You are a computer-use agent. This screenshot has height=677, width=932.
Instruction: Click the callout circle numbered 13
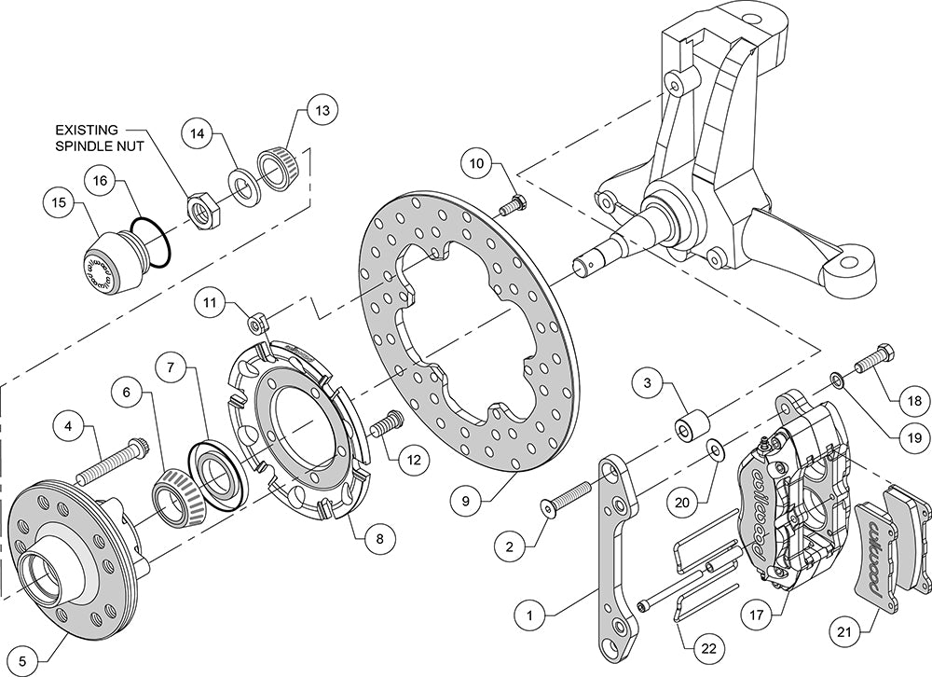click(322, 111)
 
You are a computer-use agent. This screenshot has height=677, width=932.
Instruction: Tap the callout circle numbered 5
click(22, 660)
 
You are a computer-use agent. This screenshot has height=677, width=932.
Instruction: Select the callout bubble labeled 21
click(844, 631)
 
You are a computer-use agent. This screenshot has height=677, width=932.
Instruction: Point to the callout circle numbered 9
click(465, 501)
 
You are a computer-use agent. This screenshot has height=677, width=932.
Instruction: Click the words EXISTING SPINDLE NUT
click(100, 137)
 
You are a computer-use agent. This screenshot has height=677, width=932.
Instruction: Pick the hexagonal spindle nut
click(204, 211)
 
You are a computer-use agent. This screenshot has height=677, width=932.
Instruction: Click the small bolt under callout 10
click(513, 204)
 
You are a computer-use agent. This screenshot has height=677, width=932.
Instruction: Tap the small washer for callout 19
click(837, 379)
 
